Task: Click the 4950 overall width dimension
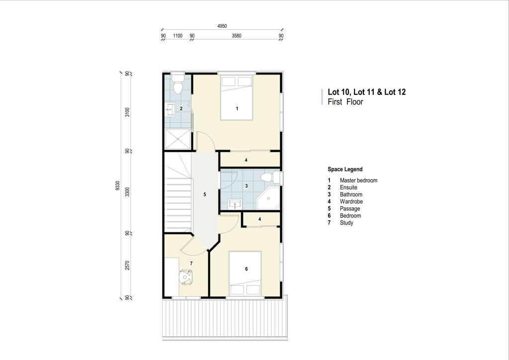point(222,26)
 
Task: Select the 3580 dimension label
point(236,36)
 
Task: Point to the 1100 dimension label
point(177,36)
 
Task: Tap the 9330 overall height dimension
point(117,185)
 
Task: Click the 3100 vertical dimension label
point(127,112)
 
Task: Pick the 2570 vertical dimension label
point(127,265)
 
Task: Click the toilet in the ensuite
point(177,84)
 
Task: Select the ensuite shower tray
point(177,139)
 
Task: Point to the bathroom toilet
point(270,177)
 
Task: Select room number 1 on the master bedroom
point(237,108)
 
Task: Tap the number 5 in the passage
point(204,194)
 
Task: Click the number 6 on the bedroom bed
point(247,269)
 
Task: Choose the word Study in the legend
point(346,223)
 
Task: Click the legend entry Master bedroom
point(358,180)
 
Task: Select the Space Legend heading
point(345,169)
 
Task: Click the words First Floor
point(345,102)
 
